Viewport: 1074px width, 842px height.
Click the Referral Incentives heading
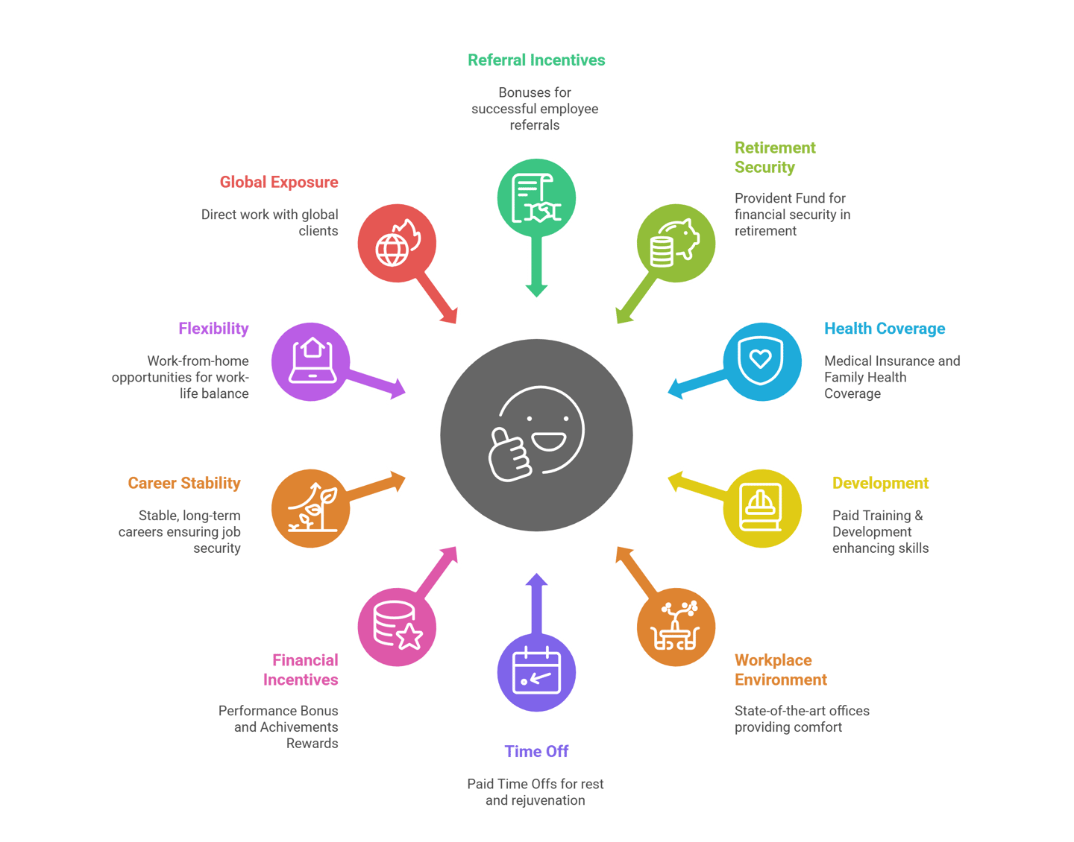coord(536,60)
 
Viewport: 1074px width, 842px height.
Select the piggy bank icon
coord(676,243)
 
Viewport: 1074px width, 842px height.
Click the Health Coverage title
coord(885,329)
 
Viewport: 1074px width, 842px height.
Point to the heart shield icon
coord(761,362)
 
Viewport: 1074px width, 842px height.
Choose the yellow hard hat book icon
coord(761,508)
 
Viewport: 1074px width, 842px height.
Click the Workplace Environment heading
coord(780,670)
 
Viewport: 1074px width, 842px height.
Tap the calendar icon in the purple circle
coord(536,671)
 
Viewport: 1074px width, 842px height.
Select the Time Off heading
coord(536,751)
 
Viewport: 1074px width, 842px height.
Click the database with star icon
coord(397,626)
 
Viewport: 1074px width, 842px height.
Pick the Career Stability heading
coord(184,483)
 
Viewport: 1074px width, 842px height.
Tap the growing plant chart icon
coord(310,508)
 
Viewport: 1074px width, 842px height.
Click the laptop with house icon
coord(310,362)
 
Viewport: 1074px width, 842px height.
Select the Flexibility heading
coord(213,329)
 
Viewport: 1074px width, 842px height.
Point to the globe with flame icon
coord(397,243)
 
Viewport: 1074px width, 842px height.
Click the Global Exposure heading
coord(279,182)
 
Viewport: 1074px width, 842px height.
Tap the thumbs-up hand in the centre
coord(509,453)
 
